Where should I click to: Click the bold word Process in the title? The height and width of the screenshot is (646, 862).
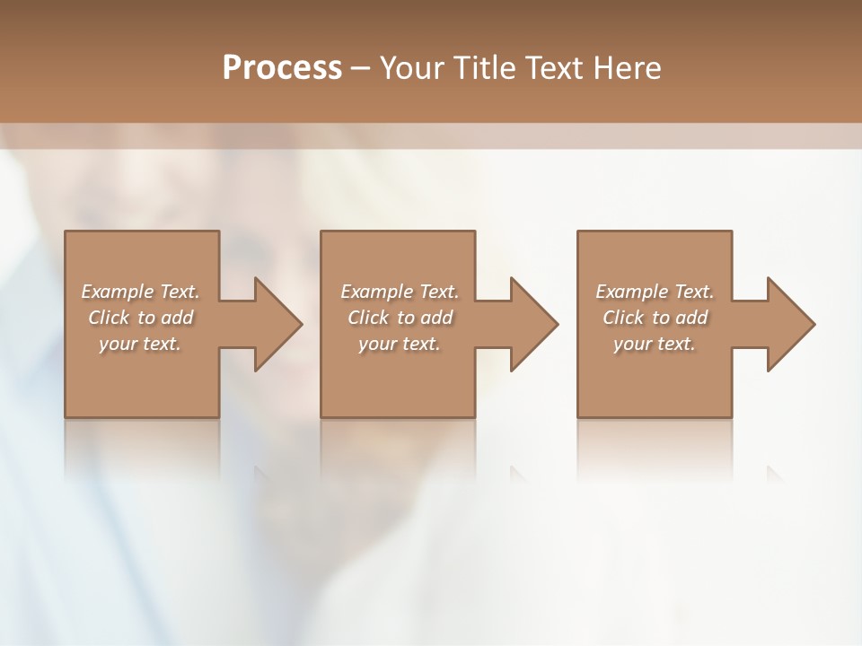(x=282, y=68)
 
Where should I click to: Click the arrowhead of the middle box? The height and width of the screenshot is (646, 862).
(x=532, y=324)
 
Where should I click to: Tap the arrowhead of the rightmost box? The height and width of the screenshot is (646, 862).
(x=789, y=324)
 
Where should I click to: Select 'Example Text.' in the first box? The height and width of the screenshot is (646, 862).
(x=140, y=292)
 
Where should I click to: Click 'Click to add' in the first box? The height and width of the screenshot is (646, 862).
(x=140, y=318)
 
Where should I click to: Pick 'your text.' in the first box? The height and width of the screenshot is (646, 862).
(x=140, y=344)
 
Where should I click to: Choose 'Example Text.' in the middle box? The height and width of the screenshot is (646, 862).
(x=400, y=292)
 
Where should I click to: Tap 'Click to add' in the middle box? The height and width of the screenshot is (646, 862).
(x=400, y=318)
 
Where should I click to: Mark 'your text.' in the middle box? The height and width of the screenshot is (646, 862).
(x=400, y=344)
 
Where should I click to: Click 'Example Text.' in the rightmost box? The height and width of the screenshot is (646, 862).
(x=655, y=292)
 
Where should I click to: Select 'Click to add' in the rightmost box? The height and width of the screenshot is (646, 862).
(x=655, y=318)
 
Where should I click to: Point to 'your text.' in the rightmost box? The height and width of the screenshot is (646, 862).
(x=655, y=344)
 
